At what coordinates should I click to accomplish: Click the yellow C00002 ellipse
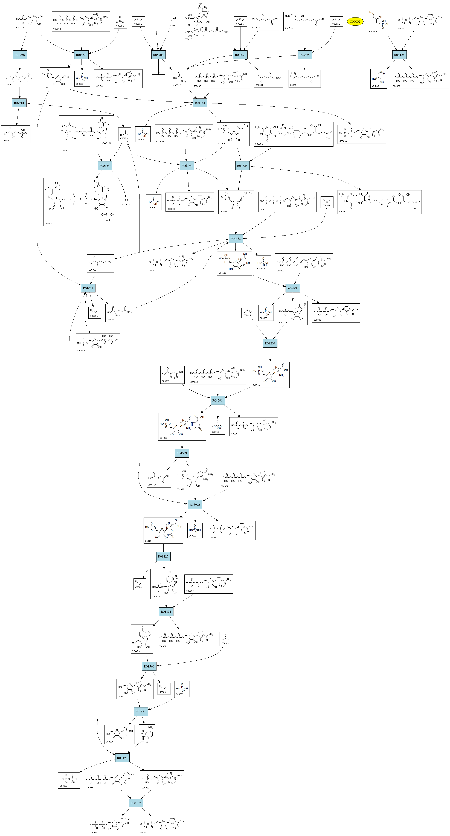355,22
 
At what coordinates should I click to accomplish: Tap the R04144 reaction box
200,103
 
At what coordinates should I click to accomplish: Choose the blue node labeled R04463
236,239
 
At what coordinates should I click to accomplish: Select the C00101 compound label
343,211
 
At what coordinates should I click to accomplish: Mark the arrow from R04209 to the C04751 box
270,354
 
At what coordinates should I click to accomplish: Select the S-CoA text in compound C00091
276,78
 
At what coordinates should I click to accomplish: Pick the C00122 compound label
152,485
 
